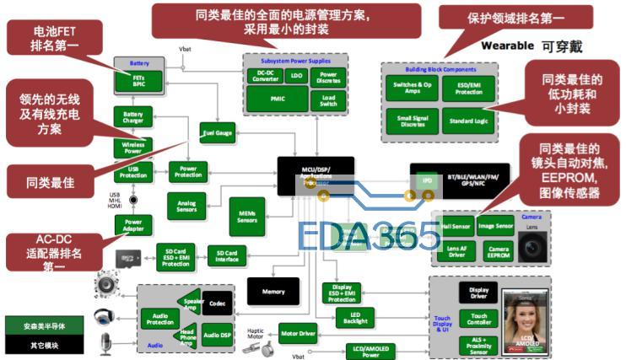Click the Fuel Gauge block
click(217, 132)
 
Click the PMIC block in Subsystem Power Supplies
click(278, 99)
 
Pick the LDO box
click(296, 76)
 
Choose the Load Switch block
click(328, 99)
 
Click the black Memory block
click(273, 291)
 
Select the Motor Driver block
click(298, 334)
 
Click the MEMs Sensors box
click(246, 215)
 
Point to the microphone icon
click(107, 342)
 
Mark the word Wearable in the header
click(507, 46)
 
